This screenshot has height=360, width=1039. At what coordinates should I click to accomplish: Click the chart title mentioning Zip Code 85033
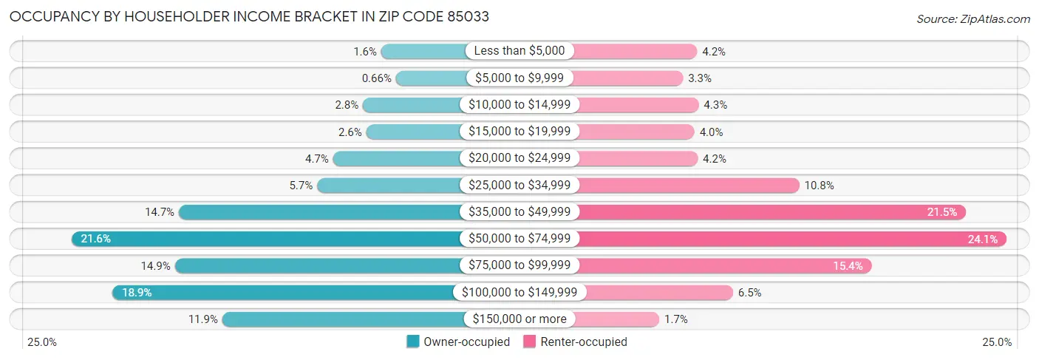[249, 16]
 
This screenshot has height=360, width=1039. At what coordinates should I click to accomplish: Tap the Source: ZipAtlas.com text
[972, 18]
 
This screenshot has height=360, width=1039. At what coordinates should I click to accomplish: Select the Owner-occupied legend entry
[458, 342]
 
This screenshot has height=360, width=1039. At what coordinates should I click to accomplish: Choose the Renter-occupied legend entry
[576, 342]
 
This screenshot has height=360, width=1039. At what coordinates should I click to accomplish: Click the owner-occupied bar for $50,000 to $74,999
[266, 239]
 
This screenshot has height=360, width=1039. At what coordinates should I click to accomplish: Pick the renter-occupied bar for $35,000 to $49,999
[769, 212]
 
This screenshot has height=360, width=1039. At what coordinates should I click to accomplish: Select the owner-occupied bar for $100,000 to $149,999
[285, 293]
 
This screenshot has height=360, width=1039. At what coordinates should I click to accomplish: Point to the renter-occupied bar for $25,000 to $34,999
[687, 186]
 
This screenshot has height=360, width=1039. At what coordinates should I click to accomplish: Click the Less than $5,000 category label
[519, 51]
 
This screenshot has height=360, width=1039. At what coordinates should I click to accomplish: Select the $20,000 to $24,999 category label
[519, 158]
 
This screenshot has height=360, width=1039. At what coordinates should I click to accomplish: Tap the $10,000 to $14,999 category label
[519, 105]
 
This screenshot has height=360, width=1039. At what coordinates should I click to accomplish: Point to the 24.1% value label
[982, 239]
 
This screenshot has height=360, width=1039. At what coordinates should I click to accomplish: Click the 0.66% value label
[376, 78]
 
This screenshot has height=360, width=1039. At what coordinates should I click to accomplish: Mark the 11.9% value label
[203, 319]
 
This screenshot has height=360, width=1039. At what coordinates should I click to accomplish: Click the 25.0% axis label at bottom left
[41, 342]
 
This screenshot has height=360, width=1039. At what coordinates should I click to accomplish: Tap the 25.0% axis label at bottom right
[997, 342]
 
